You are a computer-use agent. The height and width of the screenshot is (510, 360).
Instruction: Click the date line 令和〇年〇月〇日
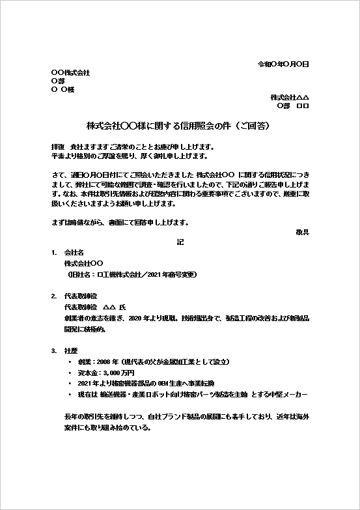coord(283,64)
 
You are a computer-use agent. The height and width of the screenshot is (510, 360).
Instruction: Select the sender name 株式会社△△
coord(290,96)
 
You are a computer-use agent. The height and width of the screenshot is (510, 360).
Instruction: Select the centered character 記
coord(180,242)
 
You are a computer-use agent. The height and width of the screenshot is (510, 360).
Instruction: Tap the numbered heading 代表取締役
coord(79,295)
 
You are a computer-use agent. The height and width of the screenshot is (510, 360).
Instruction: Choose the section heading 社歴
coord(70,350)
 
